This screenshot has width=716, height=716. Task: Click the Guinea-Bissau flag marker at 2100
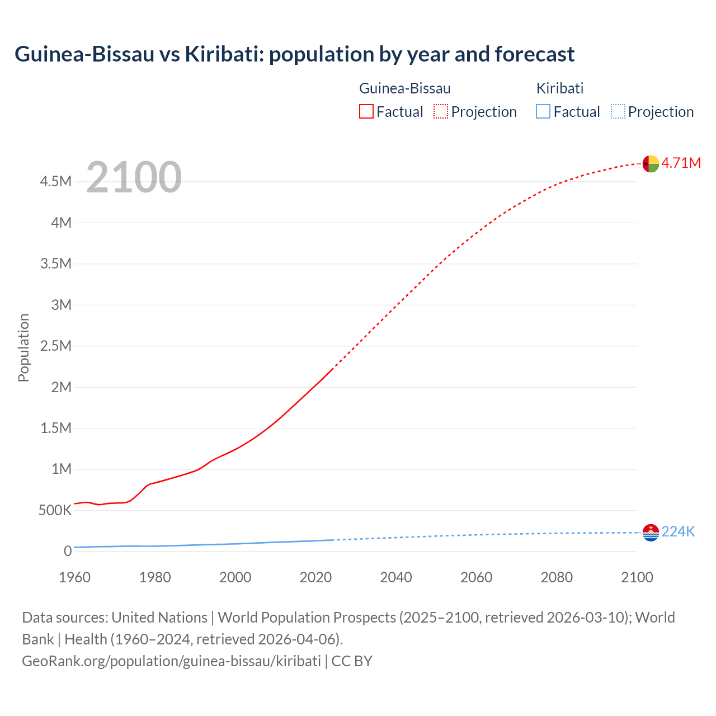(651, 164)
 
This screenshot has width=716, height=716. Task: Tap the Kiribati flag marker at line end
(651, 533)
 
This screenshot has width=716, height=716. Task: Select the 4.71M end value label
(681, 163)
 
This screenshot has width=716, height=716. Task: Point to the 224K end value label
(678, 531)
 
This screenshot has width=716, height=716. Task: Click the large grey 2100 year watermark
(134, 177)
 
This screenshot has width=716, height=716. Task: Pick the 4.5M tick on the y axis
(55, 181)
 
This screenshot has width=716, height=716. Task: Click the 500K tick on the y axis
(55, 510)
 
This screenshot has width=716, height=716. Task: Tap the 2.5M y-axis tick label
(55, 346)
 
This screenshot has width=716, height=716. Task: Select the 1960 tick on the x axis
(74, 577)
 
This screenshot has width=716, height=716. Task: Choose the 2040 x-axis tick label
(395, 577)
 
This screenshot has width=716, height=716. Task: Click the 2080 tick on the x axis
(557, 577)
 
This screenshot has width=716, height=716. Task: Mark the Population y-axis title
(23, 347)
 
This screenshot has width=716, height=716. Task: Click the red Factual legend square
(366, 111)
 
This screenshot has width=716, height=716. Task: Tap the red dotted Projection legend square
(440, 111)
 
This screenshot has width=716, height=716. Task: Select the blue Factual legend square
(543, 111)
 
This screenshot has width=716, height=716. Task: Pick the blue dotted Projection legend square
(618, 111)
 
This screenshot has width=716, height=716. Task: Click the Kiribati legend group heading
(559, 88)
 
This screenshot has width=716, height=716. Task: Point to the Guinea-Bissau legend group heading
(404, 88)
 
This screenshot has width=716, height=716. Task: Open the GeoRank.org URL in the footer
(171, 661)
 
